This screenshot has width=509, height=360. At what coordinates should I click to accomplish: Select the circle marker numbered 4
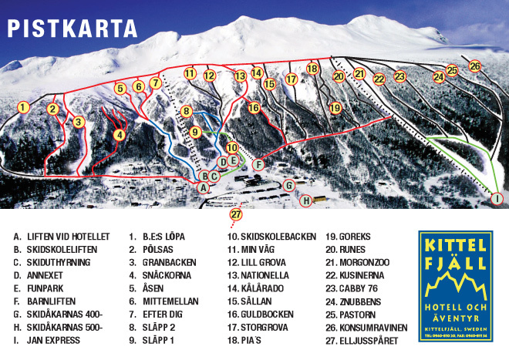[119, 135]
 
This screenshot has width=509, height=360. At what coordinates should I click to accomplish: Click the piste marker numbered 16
[254, 108]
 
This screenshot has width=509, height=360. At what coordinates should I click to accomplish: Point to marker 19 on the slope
[335, 109]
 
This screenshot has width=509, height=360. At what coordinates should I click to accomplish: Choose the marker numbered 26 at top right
[475, 66]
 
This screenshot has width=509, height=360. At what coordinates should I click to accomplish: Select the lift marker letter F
[258, 164]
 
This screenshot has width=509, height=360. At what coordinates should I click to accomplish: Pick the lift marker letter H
[306, 201]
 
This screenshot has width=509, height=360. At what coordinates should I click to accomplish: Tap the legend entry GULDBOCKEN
[266, 315]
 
